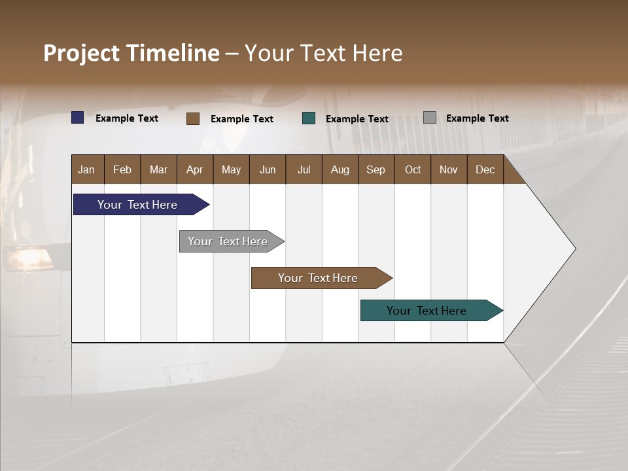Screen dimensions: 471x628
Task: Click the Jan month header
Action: coord(86,169)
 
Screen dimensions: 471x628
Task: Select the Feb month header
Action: coord(122,169)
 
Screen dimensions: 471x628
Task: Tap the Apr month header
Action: coord(194,169)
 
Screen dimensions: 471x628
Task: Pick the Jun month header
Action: coord(268,169)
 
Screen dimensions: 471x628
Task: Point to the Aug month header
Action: coord(340,169)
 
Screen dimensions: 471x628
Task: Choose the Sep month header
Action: coord(375,169)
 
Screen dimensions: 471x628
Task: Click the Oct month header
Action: coord(413,169)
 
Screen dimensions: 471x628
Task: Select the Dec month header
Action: coord(485,169)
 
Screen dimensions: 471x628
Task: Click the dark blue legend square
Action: coord(78,118)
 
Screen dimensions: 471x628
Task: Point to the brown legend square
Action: coord(193,118)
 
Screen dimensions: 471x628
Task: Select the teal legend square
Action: coord(309,118)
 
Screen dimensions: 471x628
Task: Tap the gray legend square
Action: coord(430,118)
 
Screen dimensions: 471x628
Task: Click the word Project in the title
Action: coord(82,53)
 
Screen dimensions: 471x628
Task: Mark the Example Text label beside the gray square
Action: coord(477,118)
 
